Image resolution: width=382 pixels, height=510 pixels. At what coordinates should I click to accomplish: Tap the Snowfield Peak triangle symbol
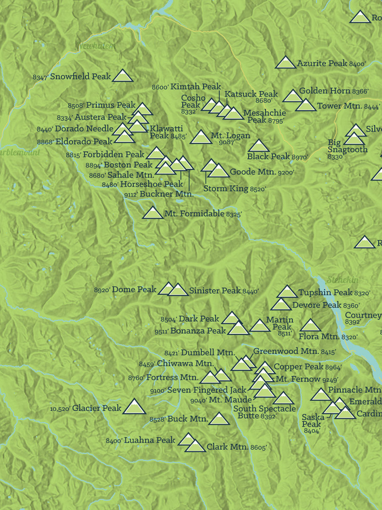(122, 76)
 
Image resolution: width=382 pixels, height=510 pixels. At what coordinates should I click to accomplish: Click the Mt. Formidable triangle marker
(153, 213)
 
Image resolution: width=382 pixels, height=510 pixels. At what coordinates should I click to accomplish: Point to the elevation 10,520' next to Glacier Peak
(60, 409)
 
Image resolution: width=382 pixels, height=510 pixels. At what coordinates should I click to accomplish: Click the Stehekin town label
(342, 280)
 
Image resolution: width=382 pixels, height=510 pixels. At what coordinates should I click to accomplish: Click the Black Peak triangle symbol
(259, 146)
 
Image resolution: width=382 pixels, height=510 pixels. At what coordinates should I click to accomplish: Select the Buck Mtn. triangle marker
(219, 419)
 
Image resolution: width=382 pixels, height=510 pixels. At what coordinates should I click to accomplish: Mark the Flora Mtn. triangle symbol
(310, 326)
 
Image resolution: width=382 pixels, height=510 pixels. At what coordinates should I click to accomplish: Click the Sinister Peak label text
(215, 291)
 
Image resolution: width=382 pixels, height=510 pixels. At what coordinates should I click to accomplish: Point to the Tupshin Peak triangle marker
(287, 292)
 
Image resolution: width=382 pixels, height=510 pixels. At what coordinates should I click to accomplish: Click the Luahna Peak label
(150, 440)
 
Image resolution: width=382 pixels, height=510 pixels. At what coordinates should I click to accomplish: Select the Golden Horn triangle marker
(292, 96)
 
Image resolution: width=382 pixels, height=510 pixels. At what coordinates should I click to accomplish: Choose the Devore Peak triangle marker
(281, 305)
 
